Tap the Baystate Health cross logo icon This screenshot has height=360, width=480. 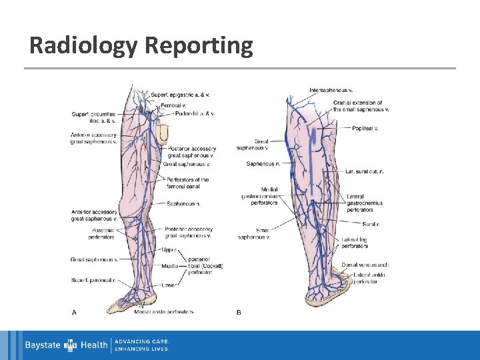pos(71,345)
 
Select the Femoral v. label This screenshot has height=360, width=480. pos(173,105)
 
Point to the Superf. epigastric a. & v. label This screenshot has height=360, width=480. pos(179,95)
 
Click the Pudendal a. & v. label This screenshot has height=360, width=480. pos(194,113)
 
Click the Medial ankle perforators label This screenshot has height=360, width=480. pos(163,311)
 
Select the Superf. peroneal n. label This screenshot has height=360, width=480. pos(93,280)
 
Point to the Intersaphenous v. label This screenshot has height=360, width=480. pos(331,90)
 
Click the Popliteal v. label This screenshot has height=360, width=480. pos(366,127)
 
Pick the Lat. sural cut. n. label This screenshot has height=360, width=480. pos(365,171)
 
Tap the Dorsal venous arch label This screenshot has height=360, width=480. pos(365,265)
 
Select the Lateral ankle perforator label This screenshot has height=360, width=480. pos(366,277)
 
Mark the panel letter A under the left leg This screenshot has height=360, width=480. pos(73,311)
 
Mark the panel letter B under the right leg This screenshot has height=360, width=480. pos(239,311)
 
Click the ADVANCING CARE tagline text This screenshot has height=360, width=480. pos(142,341)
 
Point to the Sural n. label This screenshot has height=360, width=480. pos(371,224)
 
